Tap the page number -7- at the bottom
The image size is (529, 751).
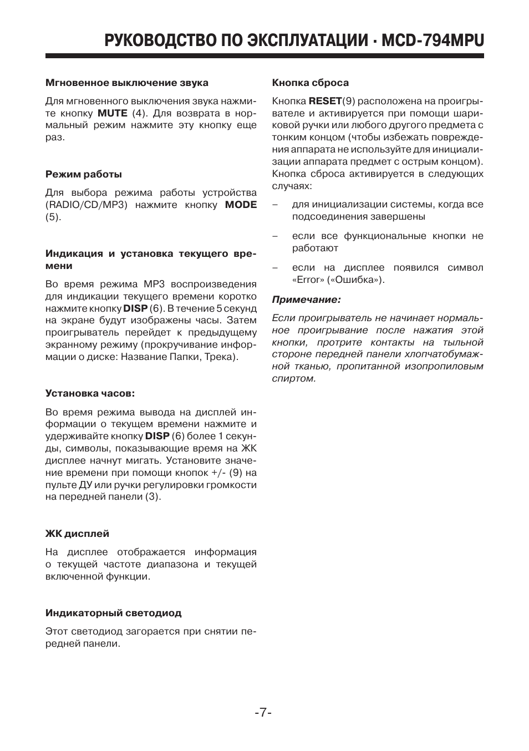click(x=263, y=712)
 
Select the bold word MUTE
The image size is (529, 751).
click(x=113, y=113)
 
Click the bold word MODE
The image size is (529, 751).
click(x=241, y=205)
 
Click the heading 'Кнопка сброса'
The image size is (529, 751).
click(x=310, y=83)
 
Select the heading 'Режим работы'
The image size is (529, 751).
click(x=83, y=174)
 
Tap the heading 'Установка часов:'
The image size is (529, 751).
click(x=90, y=393)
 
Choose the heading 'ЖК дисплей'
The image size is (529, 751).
click(x=77, y=534)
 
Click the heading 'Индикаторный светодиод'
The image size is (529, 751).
click(x=113, y=613)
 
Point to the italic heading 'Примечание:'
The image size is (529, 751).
click(x=306, y=300)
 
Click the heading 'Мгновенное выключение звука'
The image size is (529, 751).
click(x=126, y=83)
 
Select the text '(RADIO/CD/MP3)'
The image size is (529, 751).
click(x=87, y=205)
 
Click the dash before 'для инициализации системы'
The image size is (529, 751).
click(x=275, y=205)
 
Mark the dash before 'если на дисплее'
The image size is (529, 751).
click(x=275, y=268)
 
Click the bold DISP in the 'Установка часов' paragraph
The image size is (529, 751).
click(x=157, y=436)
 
